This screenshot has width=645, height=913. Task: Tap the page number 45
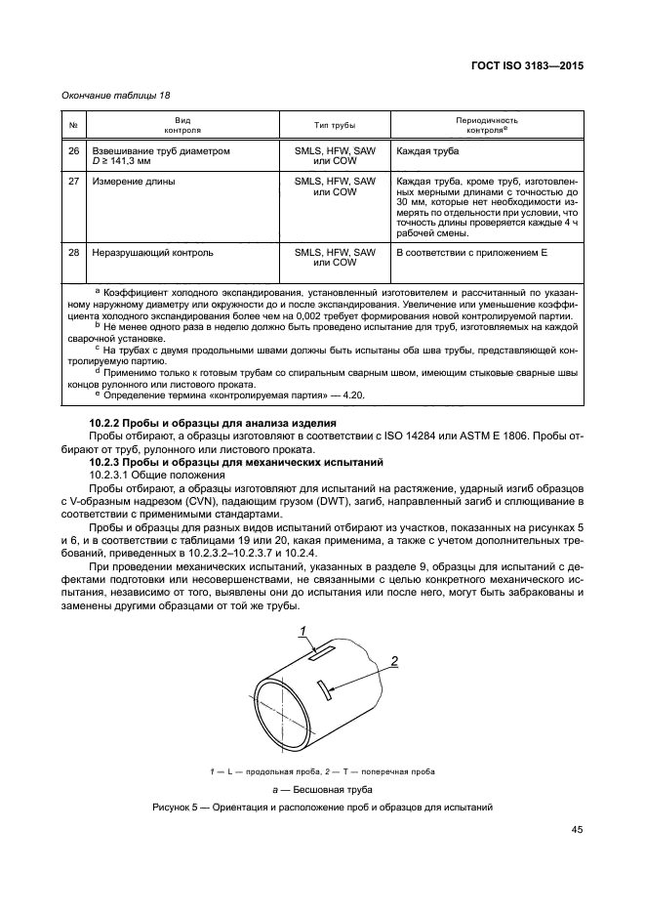coord(577,830)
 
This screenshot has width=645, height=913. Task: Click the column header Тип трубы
coord(335,126)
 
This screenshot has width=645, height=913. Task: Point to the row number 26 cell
coord(73,152)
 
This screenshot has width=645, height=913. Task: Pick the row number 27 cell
coord(73,182)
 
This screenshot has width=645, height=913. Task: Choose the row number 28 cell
coord(73,253)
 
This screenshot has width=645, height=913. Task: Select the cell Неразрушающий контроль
coord(152,253)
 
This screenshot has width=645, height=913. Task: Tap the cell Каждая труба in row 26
coord(427,152)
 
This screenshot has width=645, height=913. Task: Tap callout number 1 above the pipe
coord(303,630)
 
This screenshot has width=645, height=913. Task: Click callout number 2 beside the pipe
coord(395,662)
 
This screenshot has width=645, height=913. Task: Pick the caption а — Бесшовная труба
coord(322,788)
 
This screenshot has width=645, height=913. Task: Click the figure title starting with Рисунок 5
coord(322,807)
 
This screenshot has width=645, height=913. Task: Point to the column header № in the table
coord(73,126)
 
